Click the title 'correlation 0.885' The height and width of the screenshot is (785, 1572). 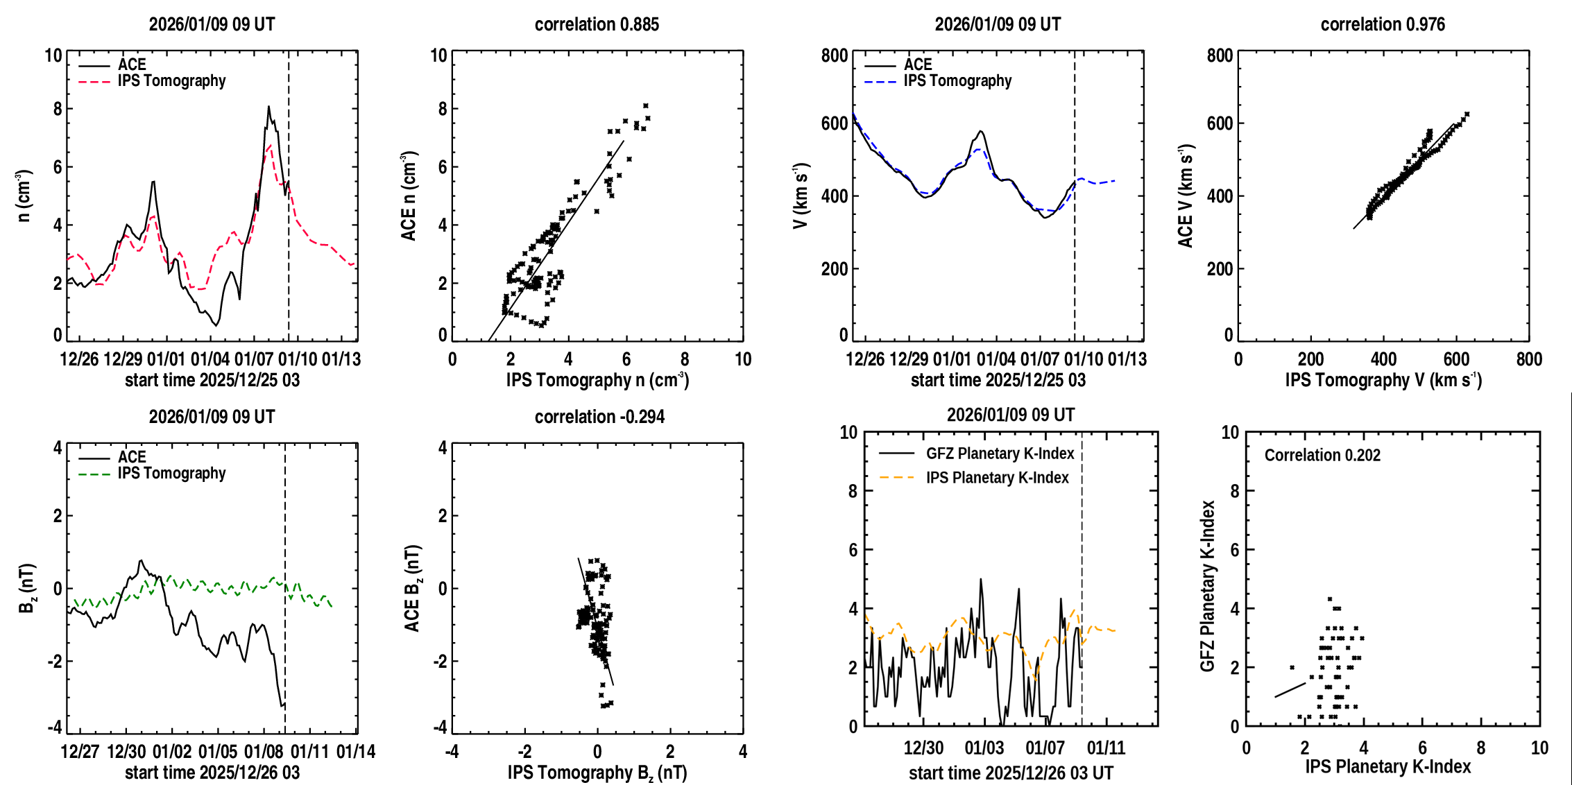coord(597,24)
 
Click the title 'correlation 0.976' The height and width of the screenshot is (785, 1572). coord(1382,24)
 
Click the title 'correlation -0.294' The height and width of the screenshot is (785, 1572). coord(599,417)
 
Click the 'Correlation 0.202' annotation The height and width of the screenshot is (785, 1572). coord(1322,455)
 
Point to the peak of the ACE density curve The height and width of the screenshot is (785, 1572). coord(268,107)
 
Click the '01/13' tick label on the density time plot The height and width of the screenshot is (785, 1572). coord(341,359)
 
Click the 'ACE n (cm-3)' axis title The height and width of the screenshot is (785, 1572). coord(409,196)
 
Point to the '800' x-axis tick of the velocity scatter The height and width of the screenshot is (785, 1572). coord(1529,359)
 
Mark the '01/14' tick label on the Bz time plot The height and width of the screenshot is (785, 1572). coord(356,752)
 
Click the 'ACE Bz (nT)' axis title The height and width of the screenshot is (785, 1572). coord(413,588)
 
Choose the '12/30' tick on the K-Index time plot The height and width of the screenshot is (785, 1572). coord(923,748)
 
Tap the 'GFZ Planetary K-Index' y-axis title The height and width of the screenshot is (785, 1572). coord(1208,586)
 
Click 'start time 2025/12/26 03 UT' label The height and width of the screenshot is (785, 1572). coord(1011,773)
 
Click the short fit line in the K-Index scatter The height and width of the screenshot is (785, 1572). coord(1290,690)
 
